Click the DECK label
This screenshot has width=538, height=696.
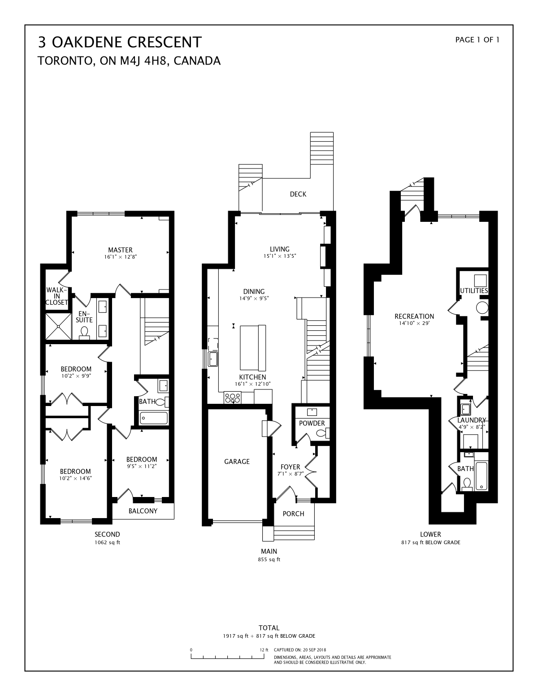pos(298,194)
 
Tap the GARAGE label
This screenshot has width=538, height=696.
pos(237,462)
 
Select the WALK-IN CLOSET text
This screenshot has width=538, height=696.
pos(57,296)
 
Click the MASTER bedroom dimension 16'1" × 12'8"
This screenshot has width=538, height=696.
pos(120,257)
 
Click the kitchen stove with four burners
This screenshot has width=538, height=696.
pos(233,397)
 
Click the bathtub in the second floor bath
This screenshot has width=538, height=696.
pos(154,418)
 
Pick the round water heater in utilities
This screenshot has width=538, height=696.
pos(482,308)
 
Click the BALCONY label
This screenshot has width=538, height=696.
pos(143,511)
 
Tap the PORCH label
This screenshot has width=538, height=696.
pos(293,514)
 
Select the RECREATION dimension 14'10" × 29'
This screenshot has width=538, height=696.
pos(414,323)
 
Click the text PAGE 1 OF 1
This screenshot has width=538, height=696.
pos(477,40)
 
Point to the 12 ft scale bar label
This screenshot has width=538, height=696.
pos(264,650)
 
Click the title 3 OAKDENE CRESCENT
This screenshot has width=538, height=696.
pos(120,42)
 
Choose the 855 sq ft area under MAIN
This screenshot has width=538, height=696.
pos(269,560)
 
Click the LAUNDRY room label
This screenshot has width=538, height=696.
pos(472,420)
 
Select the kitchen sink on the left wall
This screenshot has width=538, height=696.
pos(212,359)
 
